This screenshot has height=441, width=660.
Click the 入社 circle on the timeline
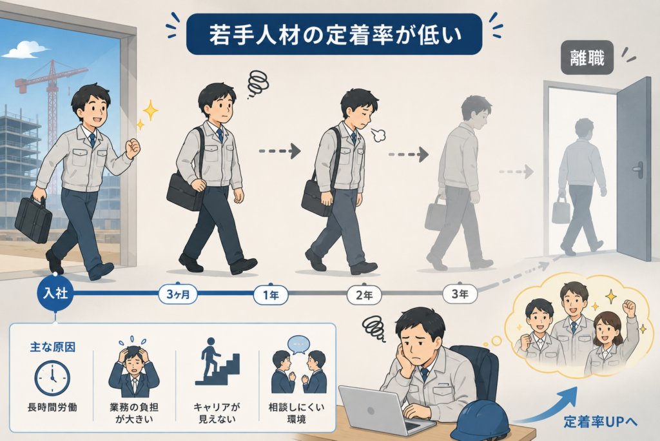55,293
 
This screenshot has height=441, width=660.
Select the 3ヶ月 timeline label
179,294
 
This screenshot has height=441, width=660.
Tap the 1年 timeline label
271,294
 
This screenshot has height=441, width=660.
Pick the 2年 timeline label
364,295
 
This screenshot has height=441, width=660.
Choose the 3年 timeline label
460,294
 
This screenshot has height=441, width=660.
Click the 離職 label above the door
587,58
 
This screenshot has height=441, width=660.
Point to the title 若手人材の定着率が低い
335,35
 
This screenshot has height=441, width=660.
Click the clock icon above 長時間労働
52,378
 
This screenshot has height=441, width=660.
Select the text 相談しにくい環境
296,413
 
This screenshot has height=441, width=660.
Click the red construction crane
50,101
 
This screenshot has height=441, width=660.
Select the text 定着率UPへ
601,422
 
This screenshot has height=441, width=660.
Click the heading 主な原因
53,347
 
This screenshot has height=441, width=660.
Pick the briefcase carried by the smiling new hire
34,220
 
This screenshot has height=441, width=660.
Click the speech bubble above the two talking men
299,344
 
